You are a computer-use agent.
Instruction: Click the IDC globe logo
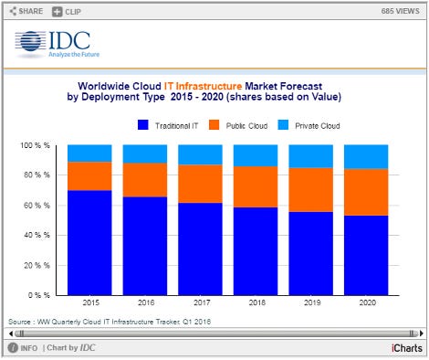30,44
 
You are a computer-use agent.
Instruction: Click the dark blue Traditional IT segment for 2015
89,242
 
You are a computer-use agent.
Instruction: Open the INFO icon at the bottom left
13,348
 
